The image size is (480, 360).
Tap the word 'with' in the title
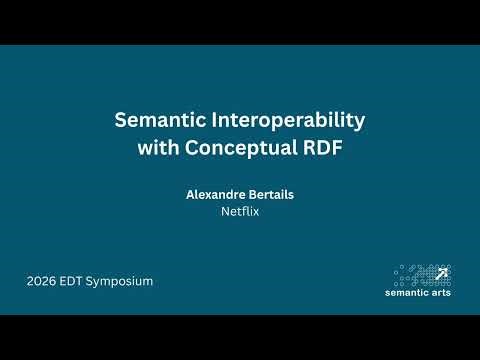[x=156, y=148]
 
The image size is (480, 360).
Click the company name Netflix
[x=240, y=212]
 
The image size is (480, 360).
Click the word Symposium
[x=123, y=281]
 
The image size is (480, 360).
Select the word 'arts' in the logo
[x=441, y=293]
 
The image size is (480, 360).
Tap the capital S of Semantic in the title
[x=120, y=122]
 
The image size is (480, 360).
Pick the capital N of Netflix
[x=225, y=212]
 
